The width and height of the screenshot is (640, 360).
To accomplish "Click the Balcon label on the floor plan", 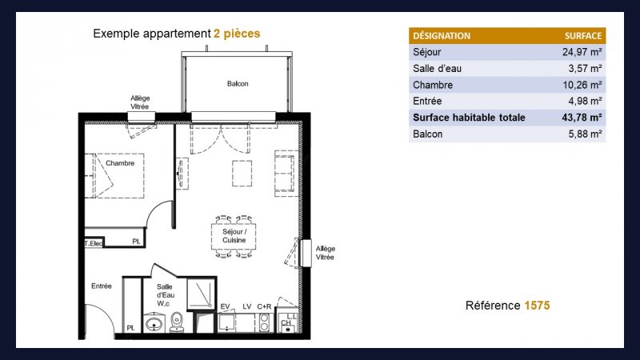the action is pyautogui.click(x=238, y=84).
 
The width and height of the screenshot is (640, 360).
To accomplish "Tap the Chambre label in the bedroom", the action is pyautogui.click(x=120, y=163).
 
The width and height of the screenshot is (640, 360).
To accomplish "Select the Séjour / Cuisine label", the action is pyautogui.click(x=234, y=236).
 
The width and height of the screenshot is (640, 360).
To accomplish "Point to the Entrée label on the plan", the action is pyautogui.click(x=102, y=286).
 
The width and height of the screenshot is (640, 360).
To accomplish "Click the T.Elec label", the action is pyautogui.click(x=94, y=243).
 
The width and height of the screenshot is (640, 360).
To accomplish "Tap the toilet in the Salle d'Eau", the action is pyautogui.click(x=177, y=322).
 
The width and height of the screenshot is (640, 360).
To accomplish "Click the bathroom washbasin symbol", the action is pyautogui.click(x=154, y=323).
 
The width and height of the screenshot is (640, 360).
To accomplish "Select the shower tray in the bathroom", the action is pyautogui.click(x=202, y=294).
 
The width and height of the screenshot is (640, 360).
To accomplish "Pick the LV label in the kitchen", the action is pyautogui.click(x=247, y=306).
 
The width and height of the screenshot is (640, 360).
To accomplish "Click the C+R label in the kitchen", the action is pyautogui.click(x=264, y=306).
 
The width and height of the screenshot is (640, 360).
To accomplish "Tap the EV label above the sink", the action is pyautogui.click(x=225, y=306).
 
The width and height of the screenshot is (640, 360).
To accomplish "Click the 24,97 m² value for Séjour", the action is pyautogui.click(x=582, y=52).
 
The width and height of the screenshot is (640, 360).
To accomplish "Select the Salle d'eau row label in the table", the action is pyautogui.click(x=437, y=69).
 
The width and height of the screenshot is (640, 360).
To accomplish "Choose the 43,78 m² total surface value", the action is pyautogui.click(x=582, y=118).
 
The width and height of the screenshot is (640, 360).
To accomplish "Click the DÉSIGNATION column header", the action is pyautogui.click(x=442, y=36).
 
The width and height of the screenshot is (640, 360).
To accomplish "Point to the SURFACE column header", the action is pyautogui.click(x=583, y=36).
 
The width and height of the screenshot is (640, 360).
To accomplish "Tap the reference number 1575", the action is pyautogui.click(x=537, y=306).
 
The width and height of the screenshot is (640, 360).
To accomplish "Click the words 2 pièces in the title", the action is pyautogui.click(x=237, y=34).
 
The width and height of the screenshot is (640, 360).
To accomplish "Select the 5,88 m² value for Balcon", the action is pyautogui.click(x=586, y=134).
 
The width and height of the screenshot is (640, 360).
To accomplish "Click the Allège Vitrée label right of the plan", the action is pyautogui.click(x=325, y=253).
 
